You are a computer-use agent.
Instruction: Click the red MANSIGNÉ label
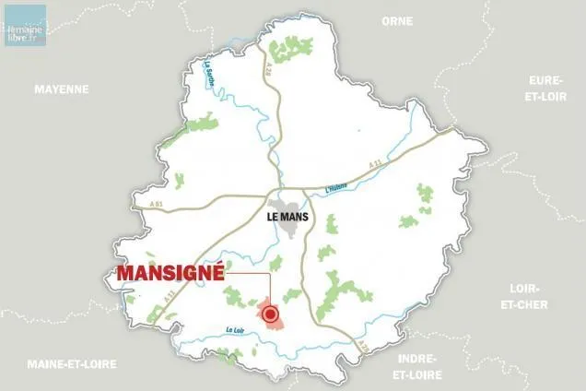(x=171, y=274)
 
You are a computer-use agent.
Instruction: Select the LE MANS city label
(x=287, y=219)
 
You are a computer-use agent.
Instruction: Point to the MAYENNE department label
(x=62, y=89)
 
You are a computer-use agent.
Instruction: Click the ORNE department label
(x=398, y=19)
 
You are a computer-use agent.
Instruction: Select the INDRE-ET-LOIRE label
(x=416, y=367)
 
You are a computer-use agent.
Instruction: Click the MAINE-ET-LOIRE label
(x=72, y=363)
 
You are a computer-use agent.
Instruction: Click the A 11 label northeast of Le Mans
(x=375, y=164)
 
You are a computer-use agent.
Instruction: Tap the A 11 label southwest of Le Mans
(x=169, y=295)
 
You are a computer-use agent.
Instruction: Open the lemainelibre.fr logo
(x=25, y=24)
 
